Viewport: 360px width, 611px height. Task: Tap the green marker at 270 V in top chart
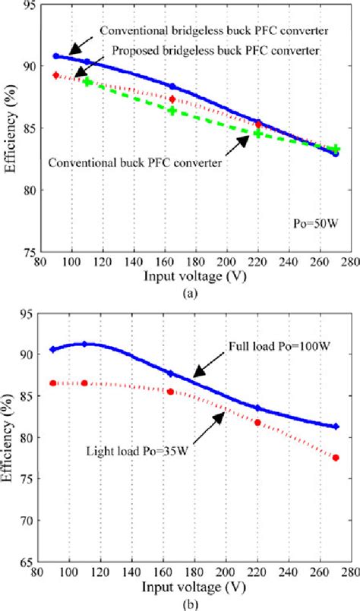pos(336,150)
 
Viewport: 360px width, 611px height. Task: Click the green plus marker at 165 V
pos(172,111)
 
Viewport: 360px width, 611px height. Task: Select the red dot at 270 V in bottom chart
pos(336,458)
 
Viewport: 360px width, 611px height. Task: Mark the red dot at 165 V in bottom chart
pos(170,392)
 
